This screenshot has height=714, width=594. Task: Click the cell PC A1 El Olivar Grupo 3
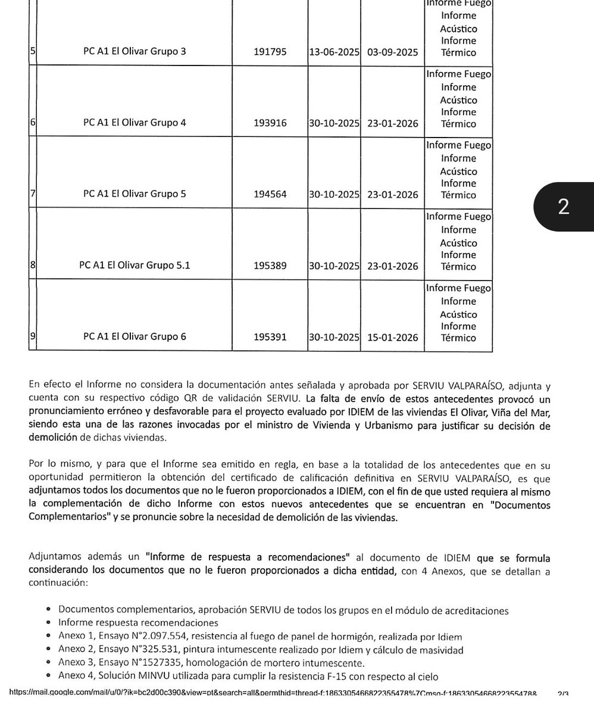(135, 52)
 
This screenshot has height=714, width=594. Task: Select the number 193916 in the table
(270, 123)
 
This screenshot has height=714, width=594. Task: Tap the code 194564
(270, 195)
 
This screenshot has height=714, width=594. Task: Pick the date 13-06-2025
(333, 52)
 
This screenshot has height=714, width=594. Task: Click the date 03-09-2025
(393, 52)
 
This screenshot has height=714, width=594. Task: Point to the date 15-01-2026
(393, 338)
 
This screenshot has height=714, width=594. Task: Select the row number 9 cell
(33, 337)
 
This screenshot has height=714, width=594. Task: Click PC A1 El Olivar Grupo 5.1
(135, 266)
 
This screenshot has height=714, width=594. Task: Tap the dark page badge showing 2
(563, 206)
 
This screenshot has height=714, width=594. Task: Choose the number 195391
(270, 338)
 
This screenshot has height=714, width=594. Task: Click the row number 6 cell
(33, 123)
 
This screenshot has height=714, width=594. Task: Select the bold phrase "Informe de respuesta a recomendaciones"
(249, 558)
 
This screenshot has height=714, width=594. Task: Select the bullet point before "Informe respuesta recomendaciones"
(47, 623)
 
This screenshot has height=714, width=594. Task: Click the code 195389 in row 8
(270, 266)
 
